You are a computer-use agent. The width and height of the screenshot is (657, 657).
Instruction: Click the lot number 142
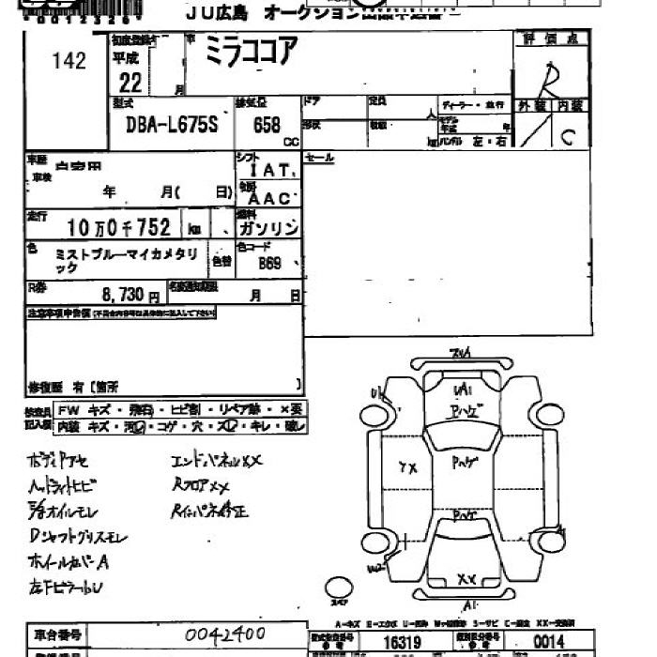69,61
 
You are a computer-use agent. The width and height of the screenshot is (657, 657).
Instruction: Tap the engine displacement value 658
267,125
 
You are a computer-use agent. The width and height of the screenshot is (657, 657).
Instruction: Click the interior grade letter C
567,137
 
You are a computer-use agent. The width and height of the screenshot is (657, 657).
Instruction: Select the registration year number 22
130,83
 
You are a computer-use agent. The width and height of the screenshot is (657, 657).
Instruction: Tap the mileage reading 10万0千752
119,227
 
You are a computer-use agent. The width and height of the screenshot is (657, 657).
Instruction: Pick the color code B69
270,264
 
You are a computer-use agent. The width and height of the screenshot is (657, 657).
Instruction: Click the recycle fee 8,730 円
122,295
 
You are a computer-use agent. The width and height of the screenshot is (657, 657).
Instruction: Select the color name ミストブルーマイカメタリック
126,261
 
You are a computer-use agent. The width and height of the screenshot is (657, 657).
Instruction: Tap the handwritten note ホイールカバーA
70,563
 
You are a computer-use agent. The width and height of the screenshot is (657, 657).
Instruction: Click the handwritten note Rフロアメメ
201,486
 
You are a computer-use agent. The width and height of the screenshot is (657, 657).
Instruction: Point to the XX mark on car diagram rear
465,579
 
